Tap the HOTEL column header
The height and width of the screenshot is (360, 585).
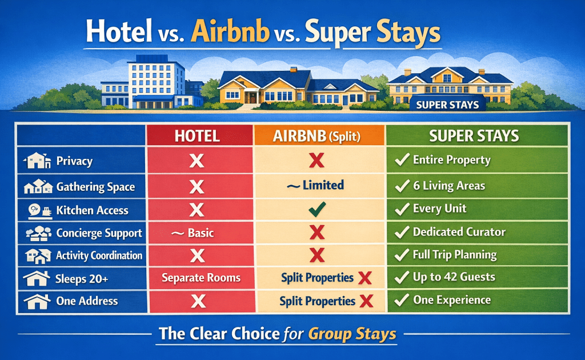197,135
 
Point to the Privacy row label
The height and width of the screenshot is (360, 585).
74,161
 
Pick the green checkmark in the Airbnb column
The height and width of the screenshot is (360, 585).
316,210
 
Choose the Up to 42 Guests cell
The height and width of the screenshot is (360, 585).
454,277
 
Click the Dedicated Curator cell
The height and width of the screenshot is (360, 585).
459,232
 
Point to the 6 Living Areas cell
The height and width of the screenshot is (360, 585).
448,185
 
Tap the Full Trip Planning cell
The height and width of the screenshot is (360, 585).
454,254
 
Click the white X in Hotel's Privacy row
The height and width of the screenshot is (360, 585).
197,161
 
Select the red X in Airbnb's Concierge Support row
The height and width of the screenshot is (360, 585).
316,233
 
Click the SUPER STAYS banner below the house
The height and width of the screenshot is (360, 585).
448,105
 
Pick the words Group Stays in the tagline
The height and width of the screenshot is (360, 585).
352,334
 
